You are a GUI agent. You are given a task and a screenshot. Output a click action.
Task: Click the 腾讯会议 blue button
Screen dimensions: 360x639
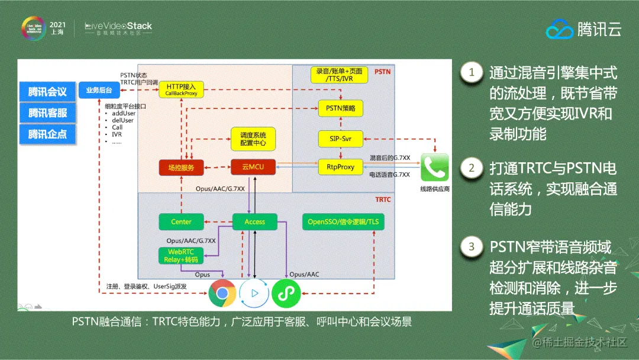[x=48, y=92]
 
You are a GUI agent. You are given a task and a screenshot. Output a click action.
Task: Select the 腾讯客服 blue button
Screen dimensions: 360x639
[x=48, y=112]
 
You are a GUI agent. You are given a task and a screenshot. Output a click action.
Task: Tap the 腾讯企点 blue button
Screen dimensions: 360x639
[x=48, y=134]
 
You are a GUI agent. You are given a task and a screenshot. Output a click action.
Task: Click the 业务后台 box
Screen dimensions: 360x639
[x=99, y=90]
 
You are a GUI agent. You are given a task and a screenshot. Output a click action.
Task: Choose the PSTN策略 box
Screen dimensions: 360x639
[x=340, y=109]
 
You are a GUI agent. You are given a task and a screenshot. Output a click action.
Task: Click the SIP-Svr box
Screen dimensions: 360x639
[x=340, y=138]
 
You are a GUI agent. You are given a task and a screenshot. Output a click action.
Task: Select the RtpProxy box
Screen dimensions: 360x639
[x=340, y=167]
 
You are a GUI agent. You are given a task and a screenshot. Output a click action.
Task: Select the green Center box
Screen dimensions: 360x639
[x=181, y=221]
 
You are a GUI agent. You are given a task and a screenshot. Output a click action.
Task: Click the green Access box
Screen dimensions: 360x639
[x=254, y=221]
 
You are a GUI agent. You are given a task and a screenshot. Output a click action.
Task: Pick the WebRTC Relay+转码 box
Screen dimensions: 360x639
[x=182, y=255]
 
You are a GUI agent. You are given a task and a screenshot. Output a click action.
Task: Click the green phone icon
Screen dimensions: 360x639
[x=435, y=168]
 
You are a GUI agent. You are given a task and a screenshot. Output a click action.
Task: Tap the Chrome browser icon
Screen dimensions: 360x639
[x=222, y=293]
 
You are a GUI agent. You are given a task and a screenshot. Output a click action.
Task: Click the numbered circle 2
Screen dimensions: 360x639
[x=472, y=168]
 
